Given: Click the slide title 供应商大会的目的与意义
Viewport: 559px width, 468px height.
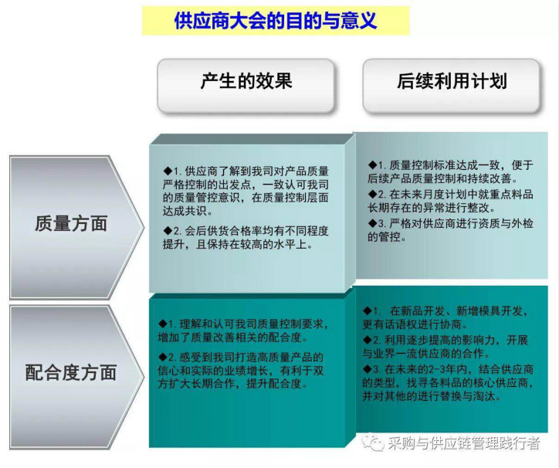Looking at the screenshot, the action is [x=275, y=20].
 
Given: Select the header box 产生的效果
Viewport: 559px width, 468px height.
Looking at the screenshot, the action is [x=246, y=85].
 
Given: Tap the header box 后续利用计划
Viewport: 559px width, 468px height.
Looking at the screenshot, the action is [x=452, y=85].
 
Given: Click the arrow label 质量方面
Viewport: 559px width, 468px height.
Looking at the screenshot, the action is [x=71, y=224].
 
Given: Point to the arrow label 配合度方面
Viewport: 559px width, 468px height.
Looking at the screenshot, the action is [x=71, y=372].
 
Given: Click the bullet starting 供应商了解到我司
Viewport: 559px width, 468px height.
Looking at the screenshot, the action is [x=246, y=192].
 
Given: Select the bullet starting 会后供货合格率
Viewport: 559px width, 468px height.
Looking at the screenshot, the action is [x=246, y=238].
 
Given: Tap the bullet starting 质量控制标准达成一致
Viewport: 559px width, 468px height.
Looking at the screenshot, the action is [x=450, y=171].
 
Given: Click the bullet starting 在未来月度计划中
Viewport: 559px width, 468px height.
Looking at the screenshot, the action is [x=450, y=201].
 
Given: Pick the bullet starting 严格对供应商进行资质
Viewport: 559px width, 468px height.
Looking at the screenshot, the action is [x=450, y=230].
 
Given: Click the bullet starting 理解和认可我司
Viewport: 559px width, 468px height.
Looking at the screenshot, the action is [x=243, y=331].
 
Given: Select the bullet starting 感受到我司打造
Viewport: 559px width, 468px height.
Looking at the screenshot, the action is [x=241, y=370].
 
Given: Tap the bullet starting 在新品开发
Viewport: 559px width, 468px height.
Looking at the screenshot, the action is [x=446, y=317].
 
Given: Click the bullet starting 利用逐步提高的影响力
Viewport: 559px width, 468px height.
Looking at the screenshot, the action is [x=446, y=347].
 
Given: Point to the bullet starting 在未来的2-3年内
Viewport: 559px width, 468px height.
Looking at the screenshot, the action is [x=448, y=382].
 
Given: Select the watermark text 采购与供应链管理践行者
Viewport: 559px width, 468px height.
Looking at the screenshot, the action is [x=464, y=443].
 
